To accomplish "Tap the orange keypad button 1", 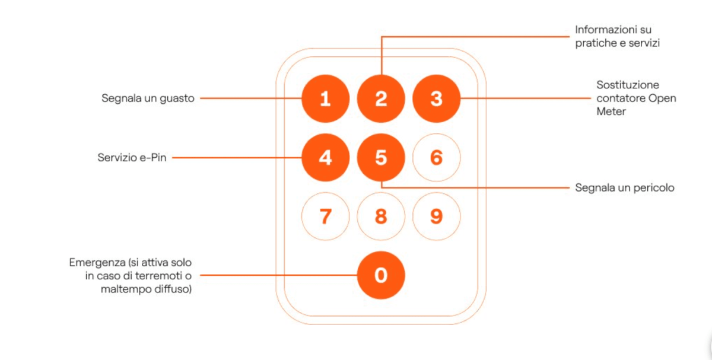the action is pyautogui.click(x=326, y=98).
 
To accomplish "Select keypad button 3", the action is pyautogui.click(x=437, y=98).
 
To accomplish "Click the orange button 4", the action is pyautogui.click(x=326, y=157).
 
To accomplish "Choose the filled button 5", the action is pyautogui.click(x=381, y=157).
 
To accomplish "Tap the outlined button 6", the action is pyautogui.click(x=437, y=157).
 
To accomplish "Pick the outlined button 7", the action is pyautogui.click(x=326, y=216).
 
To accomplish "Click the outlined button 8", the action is pyautogui.click(x=381, y=216).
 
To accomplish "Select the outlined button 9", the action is pyautogui.click(x=437, y=216).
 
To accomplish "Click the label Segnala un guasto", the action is pyautogui.click(x=148, y=98).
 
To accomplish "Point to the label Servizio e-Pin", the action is pyautogui.click(x=132, y=158).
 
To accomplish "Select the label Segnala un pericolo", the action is pyautogui.click(x=625, y=188).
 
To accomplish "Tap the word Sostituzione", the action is pyautogui.click(x=628, y=85).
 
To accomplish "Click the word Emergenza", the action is pyautogui.click(x=97, y=263).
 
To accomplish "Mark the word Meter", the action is pyautogui.click(x=611, y=111).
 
